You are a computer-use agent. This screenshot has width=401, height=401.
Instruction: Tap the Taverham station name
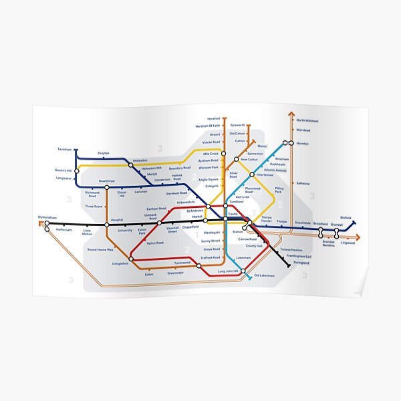click(x=64, y=149)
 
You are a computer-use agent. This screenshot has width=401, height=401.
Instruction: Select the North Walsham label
click(x=307, y=121)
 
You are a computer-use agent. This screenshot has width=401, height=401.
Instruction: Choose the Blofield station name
click(x=345, y=218)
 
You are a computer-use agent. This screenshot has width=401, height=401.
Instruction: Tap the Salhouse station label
click(x=303, y=182)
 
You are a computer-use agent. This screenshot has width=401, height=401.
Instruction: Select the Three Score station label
click(x=94, y=207)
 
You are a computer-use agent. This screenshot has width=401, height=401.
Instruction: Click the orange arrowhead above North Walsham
click(x=291, y=114)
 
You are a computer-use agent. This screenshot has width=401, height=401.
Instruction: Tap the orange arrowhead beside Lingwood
click(x=359, y=237)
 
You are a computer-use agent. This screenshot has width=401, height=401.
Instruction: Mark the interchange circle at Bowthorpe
click(x=106, y=187)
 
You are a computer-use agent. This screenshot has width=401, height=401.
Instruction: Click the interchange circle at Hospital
click(x=106, y=225)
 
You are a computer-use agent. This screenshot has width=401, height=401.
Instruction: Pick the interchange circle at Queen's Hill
click(x=77, y=170)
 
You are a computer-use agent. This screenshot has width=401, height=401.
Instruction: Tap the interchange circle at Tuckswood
click(x=199, y=265)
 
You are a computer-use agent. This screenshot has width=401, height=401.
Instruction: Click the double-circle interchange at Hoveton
click(x=287, y=143)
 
